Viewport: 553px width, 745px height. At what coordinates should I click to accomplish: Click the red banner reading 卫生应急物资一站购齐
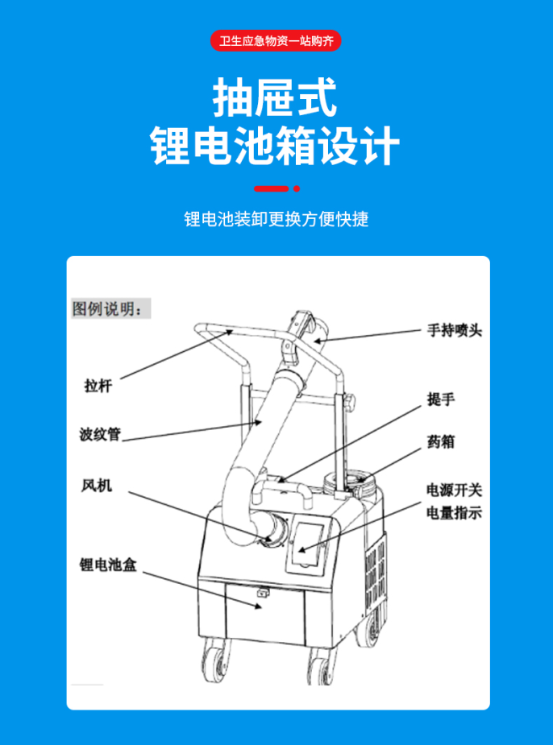(x=276, y=41)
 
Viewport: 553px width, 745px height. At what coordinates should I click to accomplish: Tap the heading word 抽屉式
(x=275, y=98)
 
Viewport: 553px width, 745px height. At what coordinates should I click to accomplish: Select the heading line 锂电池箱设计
(x=275, y=146)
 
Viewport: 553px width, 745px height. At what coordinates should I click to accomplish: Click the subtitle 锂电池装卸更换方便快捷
(x=276, y=219)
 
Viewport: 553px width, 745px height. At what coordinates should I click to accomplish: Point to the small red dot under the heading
(x=297, y=188)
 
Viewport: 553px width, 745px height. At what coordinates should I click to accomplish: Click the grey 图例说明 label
(x=110, y=308)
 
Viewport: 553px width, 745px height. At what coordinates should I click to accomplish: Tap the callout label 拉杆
(x=98, y=385)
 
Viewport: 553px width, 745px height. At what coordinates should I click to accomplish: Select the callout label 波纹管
(x=100, y=434)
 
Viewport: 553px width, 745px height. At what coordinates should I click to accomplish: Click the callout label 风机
(x=97, y=486)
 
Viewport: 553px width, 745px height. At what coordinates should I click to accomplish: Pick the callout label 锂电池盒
(x=108, y=565)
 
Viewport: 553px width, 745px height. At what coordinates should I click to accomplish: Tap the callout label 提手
(x=441, y=399)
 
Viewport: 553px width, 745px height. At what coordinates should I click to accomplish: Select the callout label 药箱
(x=441, y=442)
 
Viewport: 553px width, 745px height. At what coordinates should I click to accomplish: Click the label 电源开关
(x=454, y=490)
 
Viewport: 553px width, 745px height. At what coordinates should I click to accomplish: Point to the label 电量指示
(x=454, y=513)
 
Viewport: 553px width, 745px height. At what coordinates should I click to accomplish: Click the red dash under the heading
(x=272, y=188)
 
